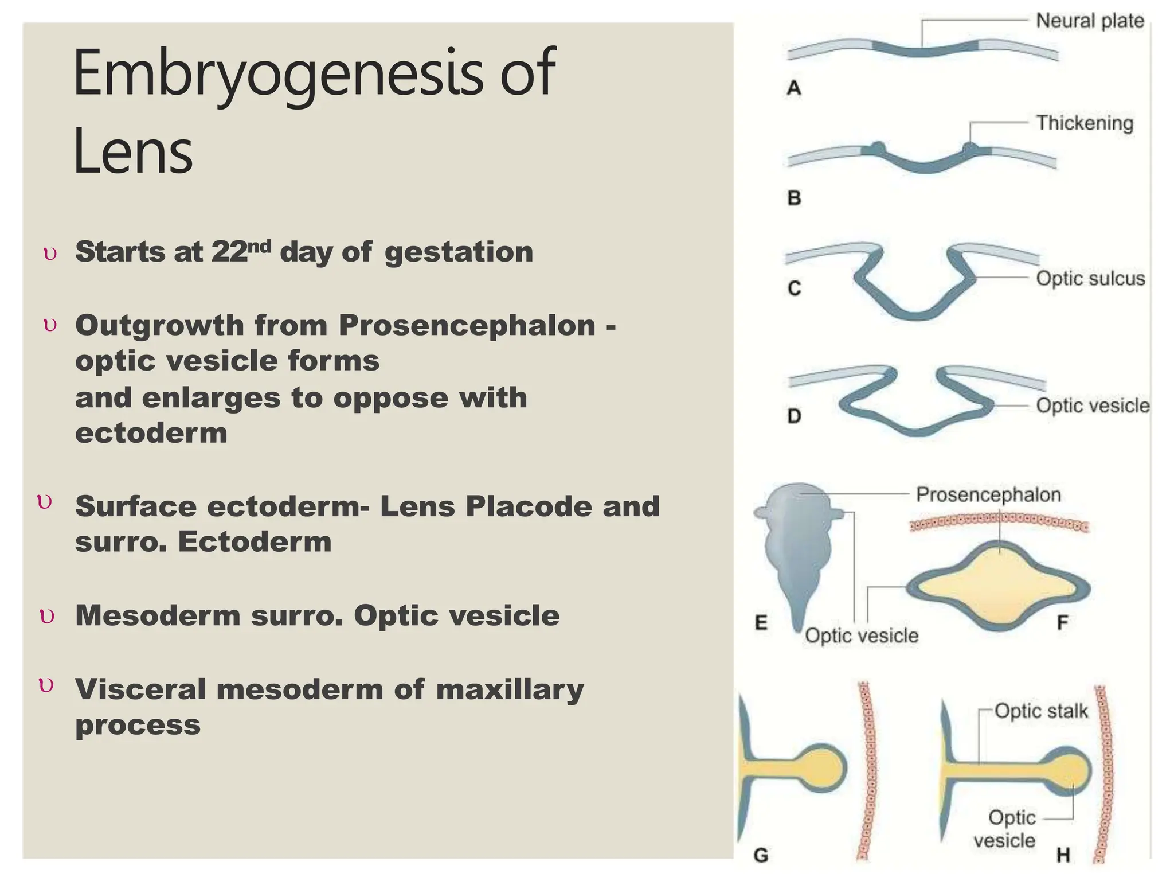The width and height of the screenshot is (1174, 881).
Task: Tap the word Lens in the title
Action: pyautogui.click(x=133, y=152)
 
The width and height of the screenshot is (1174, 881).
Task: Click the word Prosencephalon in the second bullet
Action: pyautogui.click(x=467, y=325)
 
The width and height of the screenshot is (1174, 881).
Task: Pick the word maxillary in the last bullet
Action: pyautogui.click(x=510, y=689)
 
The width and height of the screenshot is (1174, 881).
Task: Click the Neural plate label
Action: pyautogui.click(x=1089, y=21)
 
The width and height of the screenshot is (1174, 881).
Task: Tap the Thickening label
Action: pyautogui.click(x=1085, y=123)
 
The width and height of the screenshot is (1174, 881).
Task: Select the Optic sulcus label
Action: pyautogui.click(x=1090, y=278)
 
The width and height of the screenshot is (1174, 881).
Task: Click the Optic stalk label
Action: pyautogui.click(x=1041, y=711)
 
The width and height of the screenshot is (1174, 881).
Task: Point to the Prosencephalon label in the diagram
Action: pyautogui.click(x=988, y=494)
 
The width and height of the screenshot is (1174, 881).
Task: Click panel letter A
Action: pyautogui.click(x=794, y=88)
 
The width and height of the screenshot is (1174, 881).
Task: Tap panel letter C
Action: pyautogui.click(x=794, y=287)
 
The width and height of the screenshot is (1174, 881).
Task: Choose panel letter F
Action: pyautogui.click(x=1062, y=622)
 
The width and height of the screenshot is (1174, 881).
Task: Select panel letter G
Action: pyautogui.click(x=761, y=855)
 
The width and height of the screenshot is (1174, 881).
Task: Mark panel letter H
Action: pyautogui.click(x=1063, y=855)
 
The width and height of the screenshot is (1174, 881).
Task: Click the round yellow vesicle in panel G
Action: pyautogui.click(x=821, y=768)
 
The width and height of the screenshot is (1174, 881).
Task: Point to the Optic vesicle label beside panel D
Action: pyautogui.click(x=1092, y=406)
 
